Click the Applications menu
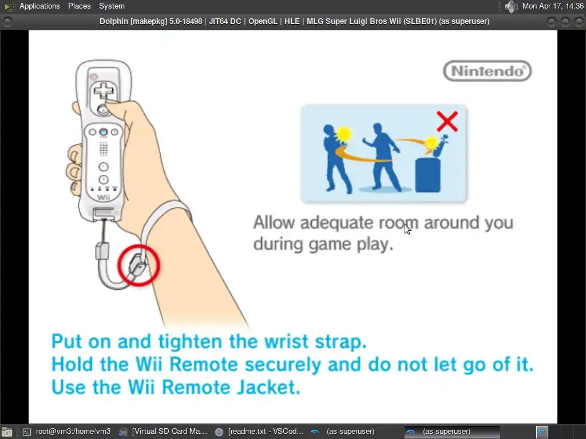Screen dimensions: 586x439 coord(39,6)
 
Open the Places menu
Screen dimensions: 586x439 coord(79,6)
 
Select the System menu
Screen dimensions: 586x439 coord(112,6)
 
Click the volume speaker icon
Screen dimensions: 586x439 coord(510,6)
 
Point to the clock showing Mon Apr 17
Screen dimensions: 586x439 coord(553,6)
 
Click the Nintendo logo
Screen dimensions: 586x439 coord(488,71)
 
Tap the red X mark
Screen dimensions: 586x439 coord(447,121)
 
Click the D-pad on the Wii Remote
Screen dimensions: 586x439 coord(104,91)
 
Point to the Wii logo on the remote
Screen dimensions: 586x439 coord(104,197)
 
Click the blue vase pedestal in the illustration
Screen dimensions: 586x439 coord(428,175)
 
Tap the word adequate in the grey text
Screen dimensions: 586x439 coord(336,222)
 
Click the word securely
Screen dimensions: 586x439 coord(283,365)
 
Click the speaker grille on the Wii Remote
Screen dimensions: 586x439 coord(104,149)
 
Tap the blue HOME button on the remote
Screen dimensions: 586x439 coord(104,132)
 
